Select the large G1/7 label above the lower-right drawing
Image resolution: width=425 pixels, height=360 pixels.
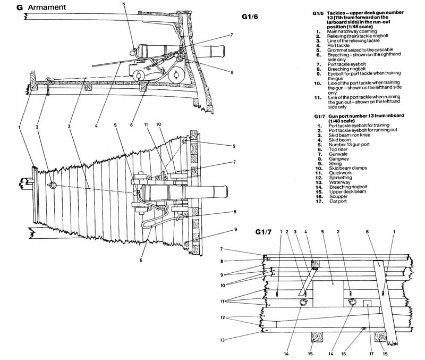[x=263, y=231]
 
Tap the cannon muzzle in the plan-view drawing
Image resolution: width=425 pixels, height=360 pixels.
[x=225, y=191]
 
